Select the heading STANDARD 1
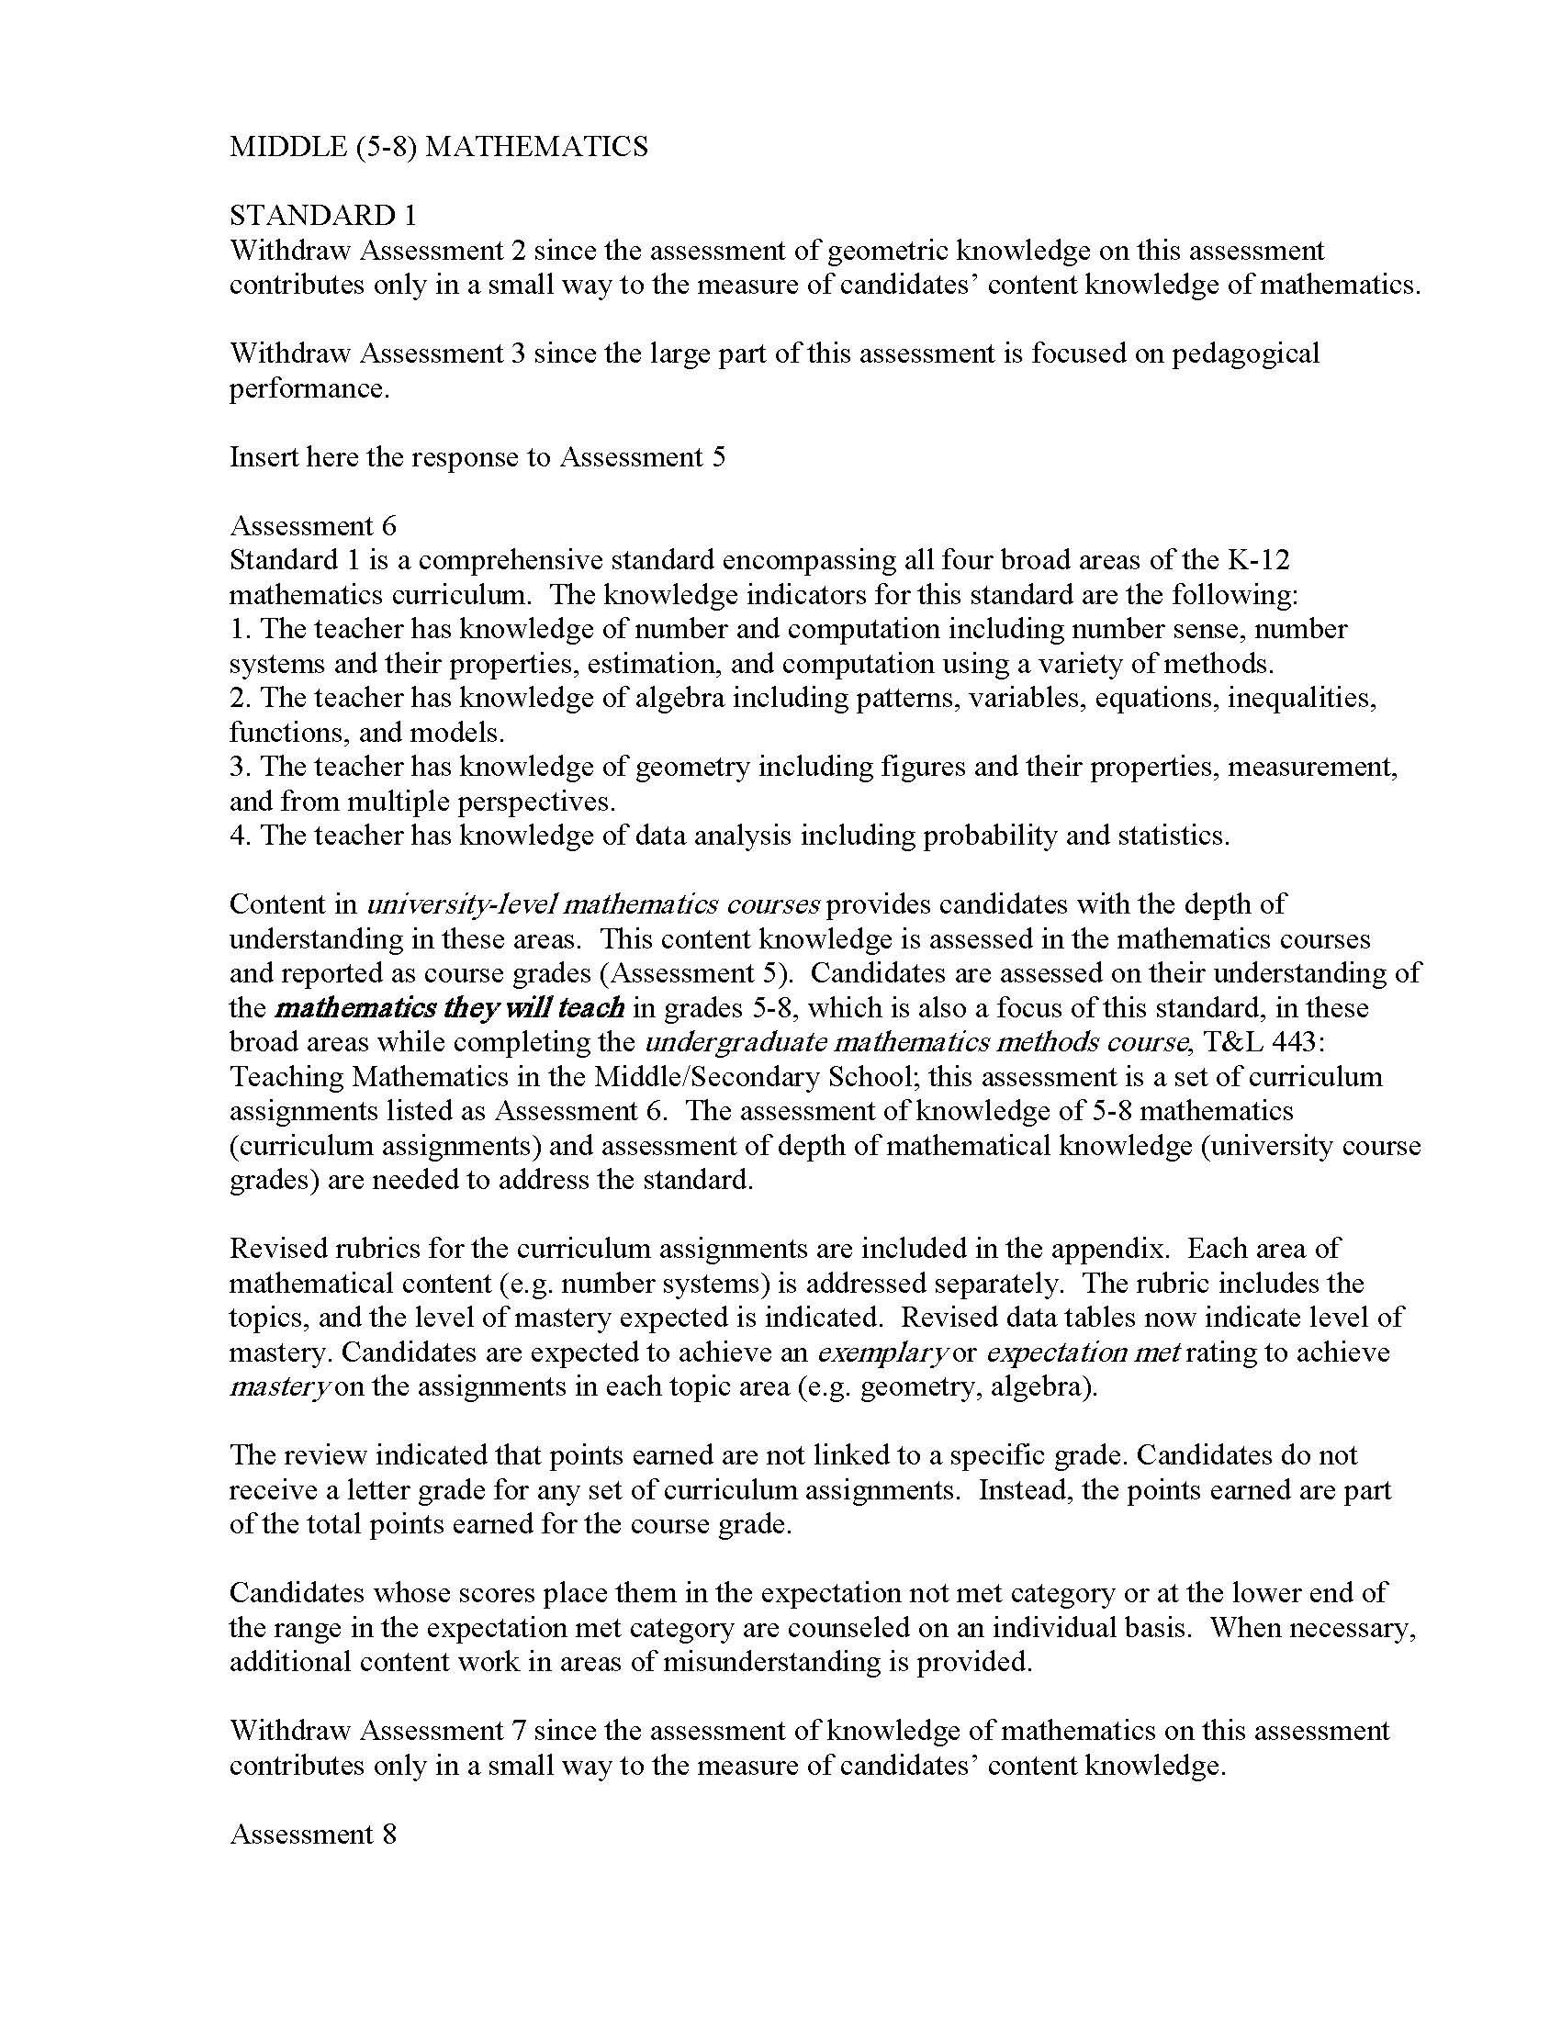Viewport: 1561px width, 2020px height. pos(322,216)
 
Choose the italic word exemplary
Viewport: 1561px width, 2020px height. pos(882,1352)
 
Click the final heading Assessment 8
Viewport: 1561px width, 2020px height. pos(312,1835)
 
